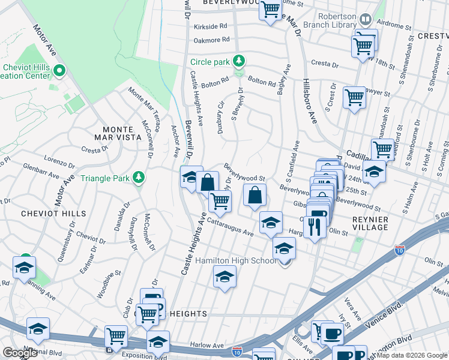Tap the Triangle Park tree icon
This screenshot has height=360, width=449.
[x=139, y=177]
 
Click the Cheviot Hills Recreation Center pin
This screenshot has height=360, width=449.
[x=59, y=71]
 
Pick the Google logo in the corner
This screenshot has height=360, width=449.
[x=19, y=353]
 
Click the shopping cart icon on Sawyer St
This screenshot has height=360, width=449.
[x=354, y=97]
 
